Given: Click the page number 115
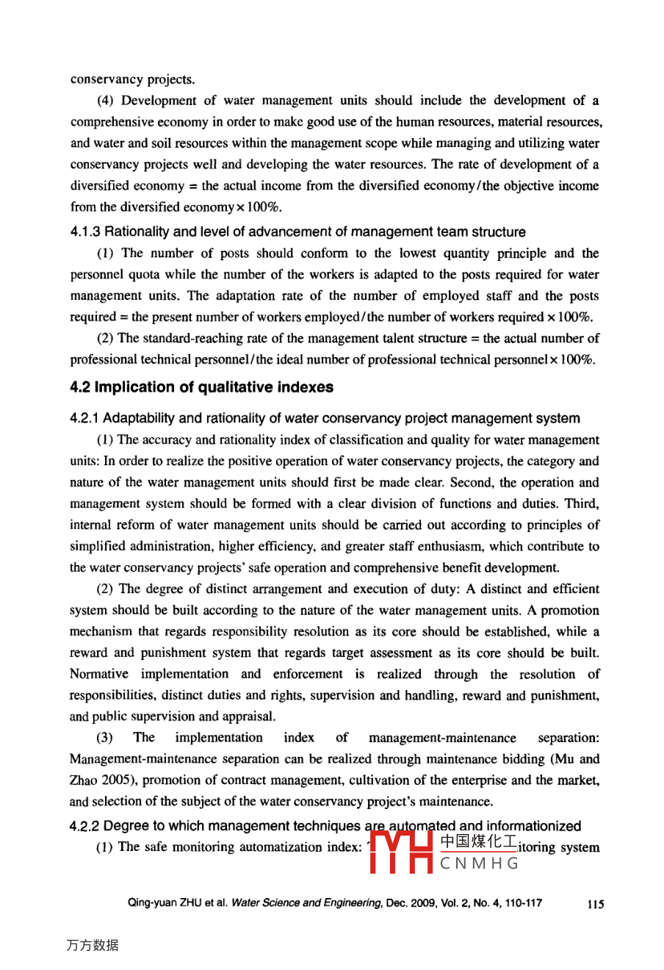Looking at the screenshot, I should (596, 905).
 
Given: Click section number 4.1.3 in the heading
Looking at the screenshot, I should (85, 232).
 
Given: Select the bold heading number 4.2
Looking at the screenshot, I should (80, 387).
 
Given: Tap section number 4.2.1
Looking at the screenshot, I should (85, 419).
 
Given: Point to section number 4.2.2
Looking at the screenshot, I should (85, 827).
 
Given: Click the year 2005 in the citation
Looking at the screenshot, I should (109, 780).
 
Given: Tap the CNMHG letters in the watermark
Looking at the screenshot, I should (480, 864).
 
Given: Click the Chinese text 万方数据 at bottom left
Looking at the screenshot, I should (93, 945).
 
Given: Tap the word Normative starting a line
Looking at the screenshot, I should (99, 675).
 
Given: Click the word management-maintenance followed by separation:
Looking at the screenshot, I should (442, 738).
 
